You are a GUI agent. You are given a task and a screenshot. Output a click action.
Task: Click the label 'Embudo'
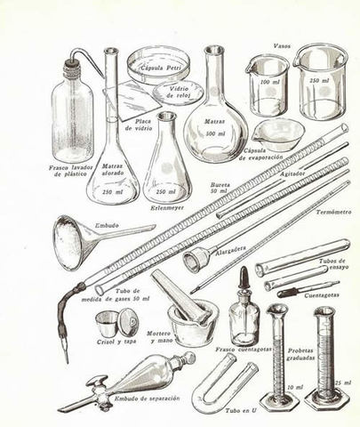(x=83, y=213)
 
